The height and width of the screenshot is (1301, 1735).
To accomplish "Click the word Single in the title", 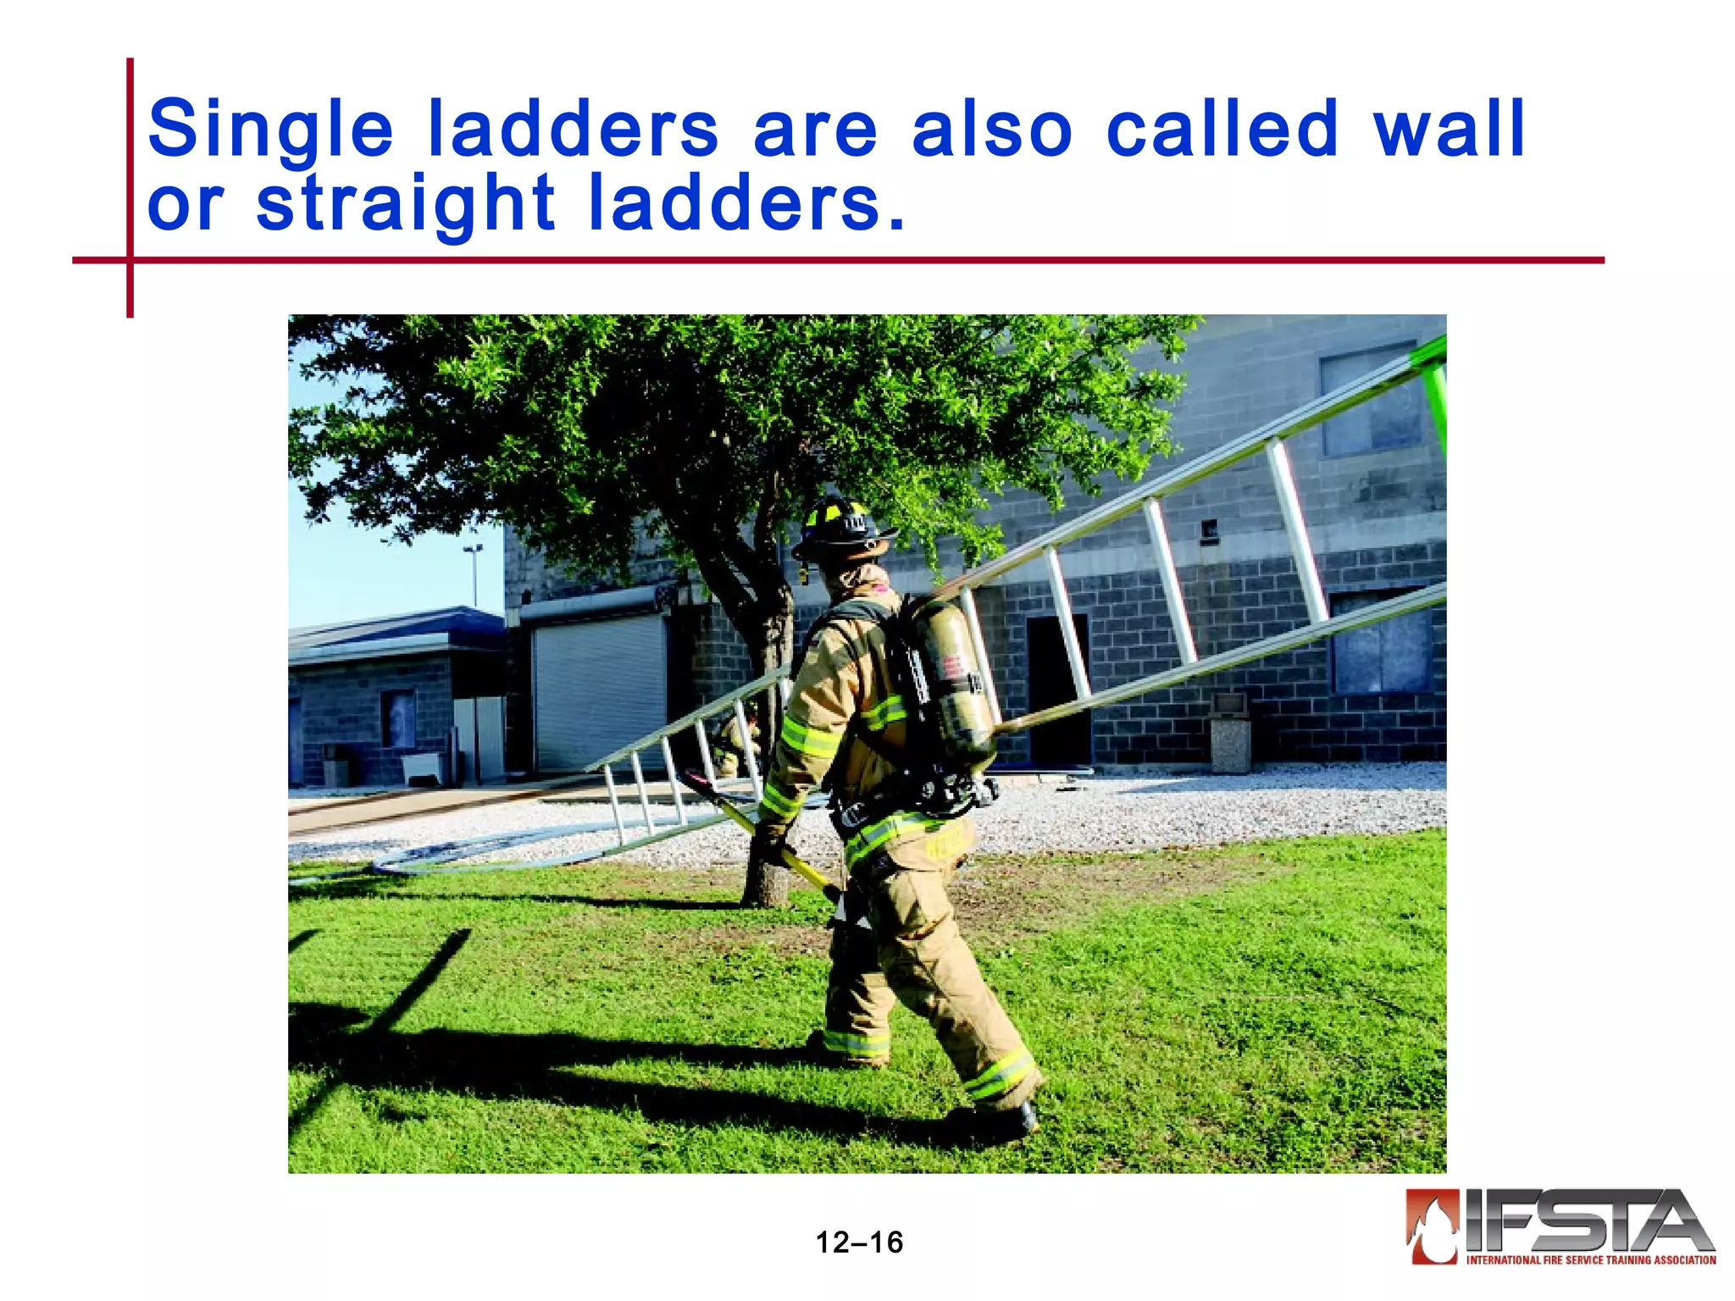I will (x=270, y=130).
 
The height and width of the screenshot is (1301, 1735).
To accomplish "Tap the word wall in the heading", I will (x=1449, y=130).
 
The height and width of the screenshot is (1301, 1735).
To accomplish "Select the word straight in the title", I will (x=405, y=204).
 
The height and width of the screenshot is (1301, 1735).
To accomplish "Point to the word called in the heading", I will (x=1222, y=130).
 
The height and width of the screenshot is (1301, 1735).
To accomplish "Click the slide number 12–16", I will (x=859, y=1243).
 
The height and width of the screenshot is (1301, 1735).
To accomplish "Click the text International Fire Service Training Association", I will (x=1591, y=1259).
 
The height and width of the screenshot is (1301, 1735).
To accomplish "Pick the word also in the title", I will (x=992, y=130).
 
